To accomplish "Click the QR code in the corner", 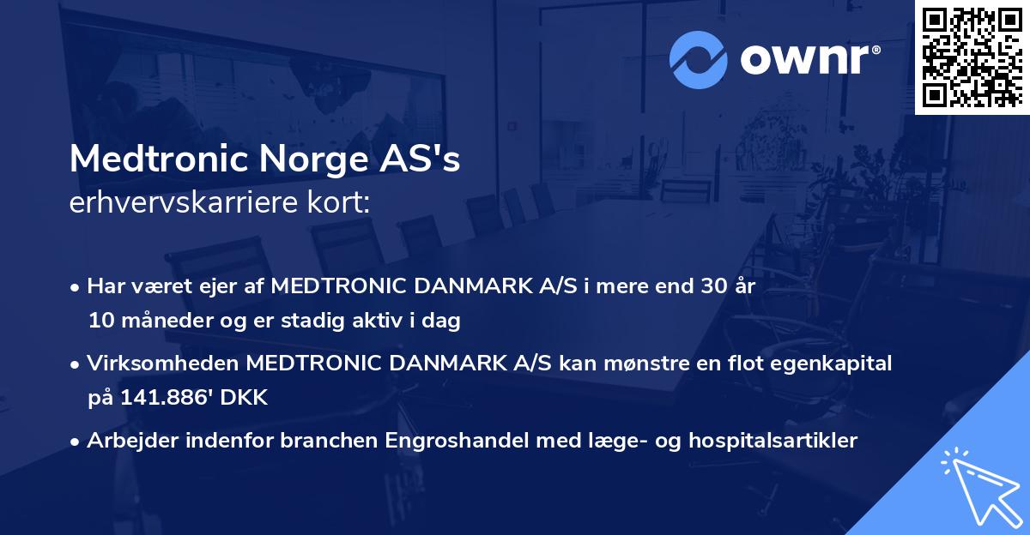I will (972, 57).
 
